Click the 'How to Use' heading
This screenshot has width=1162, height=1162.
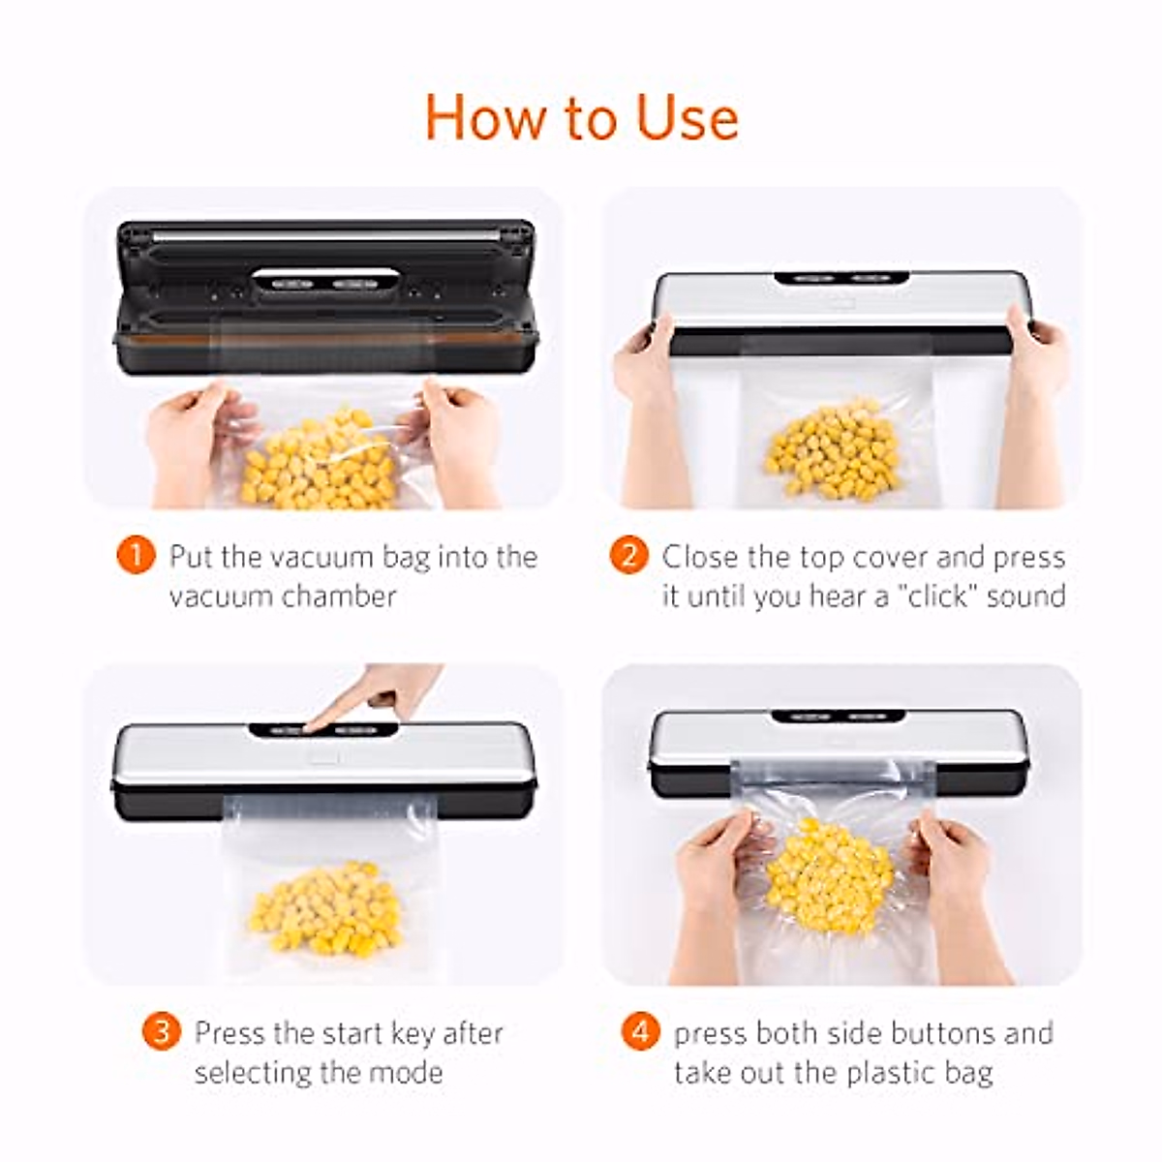pos(581,117)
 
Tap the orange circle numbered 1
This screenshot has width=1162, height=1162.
pos(135,556)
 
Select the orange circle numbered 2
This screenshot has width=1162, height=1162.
pos(628,556)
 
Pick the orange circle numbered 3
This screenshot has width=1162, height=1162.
pos(161,1031)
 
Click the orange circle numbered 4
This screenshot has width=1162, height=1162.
pos(639,1031)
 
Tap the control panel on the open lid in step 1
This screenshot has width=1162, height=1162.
pos(326,283)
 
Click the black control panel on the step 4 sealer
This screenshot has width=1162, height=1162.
pos(838,718)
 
